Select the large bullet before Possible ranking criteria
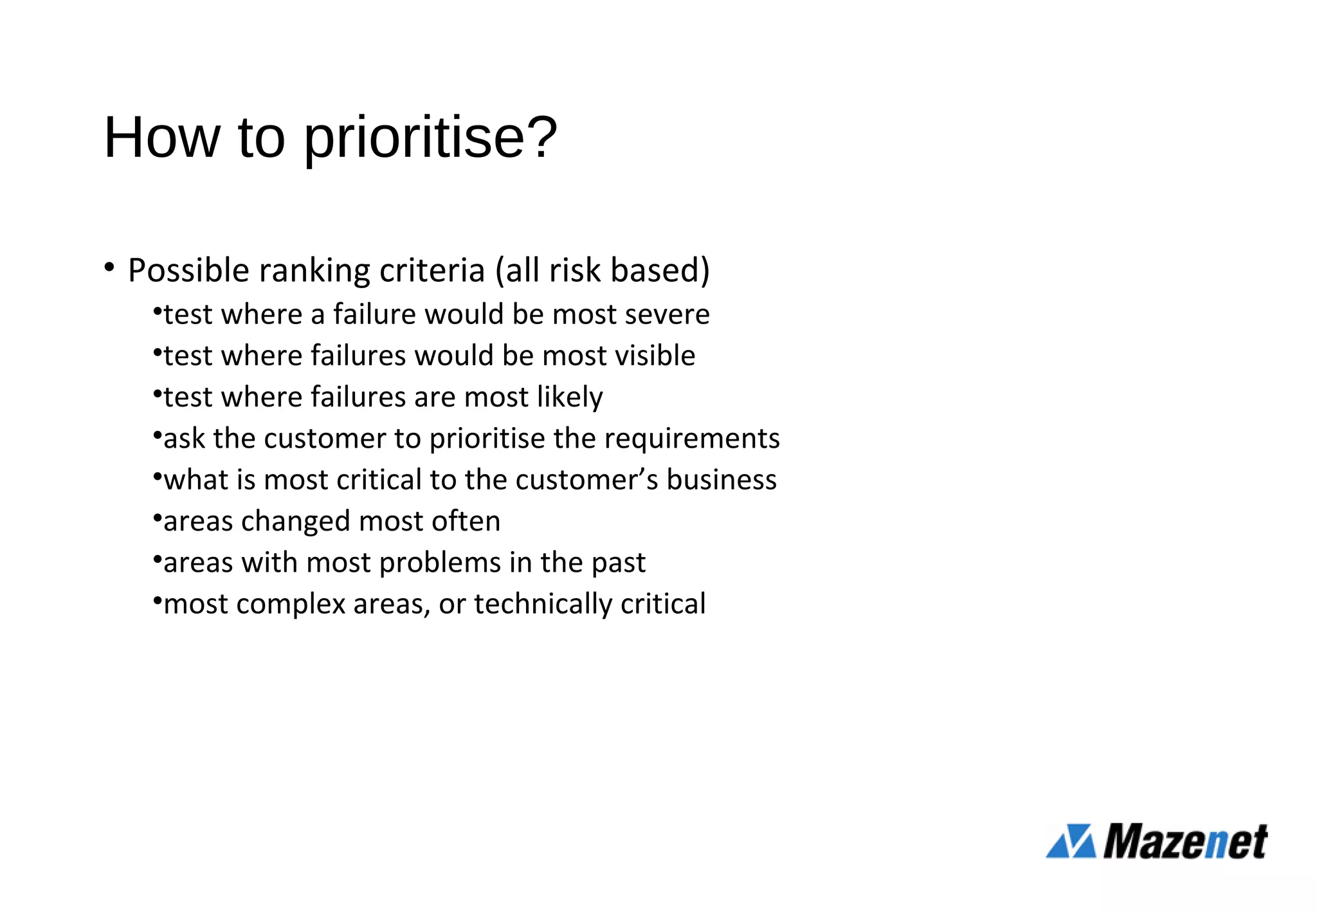coord(109,267)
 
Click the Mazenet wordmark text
coord(1185,841)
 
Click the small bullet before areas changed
coord(158,518)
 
